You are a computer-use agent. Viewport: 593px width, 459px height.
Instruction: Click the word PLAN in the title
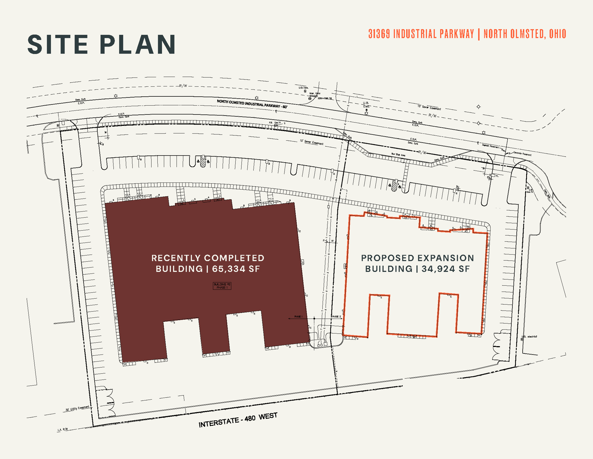pyautogui.click(x=138, y=45)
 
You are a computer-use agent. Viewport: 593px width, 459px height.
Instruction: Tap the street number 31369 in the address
pyautogui.click(x=379, y=34)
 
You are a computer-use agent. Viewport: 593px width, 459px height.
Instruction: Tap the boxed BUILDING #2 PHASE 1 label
pyautogui.click(x=222, y=286)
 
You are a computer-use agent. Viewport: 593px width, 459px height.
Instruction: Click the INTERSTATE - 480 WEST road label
pyautogui.click(x=238, y=420)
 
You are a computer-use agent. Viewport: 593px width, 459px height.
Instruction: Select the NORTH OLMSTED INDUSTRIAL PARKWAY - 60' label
pyautogui.click(x=252, y=104)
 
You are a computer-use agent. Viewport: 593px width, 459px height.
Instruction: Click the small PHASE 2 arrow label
pyautogui.click(x=336, y=317)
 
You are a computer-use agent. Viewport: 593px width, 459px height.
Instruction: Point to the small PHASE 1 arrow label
pyautogui.click(x=298, y=317)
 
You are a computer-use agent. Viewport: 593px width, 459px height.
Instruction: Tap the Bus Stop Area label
pyautogui.click(x=398, y=155)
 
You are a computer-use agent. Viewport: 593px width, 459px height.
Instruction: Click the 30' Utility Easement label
pyautogui.click(x=77, y=409)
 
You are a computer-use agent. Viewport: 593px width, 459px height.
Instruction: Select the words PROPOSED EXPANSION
pyautogui.click(x=417, y=258)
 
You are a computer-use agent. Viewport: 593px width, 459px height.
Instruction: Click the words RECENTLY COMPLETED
pyautogui.click(x=208, y=258)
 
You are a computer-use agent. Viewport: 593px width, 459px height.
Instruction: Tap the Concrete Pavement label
pyautogui.click(x=522, y=154)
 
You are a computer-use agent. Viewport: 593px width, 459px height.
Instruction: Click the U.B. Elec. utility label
pyautogui.click(x=365, y=104)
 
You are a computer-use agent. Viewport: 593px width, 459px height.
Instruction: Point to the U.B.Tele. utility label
pyautogui.click(x=303, y=88)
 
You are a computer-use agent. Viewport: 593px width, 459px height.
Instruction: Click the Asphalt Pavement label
pyautogui.click(x=490, y=146)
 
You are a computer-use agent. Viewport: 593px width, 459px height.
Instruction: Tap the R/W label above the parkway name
pyautogui.click(x=183, y=86)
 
